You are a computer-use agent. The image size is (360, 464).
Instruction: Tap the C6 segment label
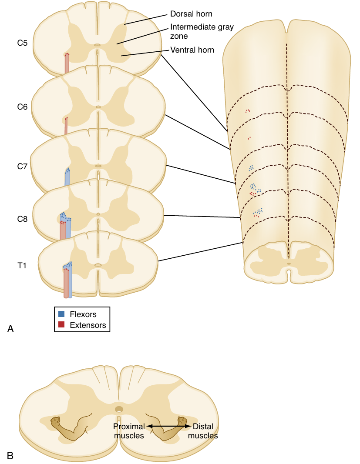tap(23, 107)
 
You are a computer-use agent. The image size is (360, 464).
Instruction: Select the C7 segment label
tap(23, 166)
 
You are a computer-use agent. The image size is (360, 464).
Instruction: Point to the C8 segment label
tap(23, 219)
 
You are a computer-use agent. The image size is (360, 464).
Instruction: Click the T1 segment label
tap(22, 265)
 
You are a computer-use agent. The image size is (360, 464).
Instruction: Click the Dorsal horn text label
tap(191, 14)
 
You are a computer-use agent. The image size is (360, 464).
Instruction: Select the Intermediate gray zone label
tap(202, 31)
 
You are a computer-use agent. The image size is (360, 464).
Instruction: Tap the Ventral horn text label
tap(192, 50)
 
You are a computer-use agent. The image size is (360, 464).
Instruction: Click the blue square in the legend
tap(61, 314)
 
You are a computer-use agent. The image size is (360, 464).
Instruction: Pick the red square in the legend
tap(61, 324)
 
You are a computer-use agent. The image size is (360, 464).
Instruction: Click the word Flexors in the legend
tap(83, 314)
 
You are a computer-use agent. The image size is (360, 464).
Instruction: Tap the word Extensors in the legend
tap(87, 324)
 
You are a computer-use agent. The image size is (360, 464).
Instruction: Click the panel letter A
tap(10, 329)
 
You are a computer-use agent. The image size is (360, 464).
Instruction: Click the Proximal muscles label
tap(129, 431)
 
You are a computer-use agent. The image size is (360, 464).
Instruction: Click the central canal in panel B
tap(119, 409)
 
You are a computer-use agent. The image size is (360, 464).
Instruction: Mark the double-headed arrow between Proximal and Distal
tap(168, 427)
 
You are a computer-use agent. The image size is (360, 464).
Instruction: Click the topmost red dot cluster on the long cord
tap(248, 111)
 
